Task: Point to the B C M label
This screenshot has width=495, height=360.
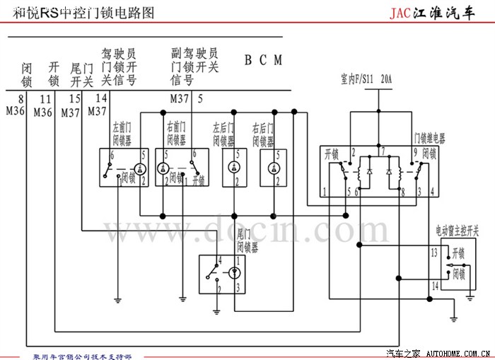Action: [x=263, y=60]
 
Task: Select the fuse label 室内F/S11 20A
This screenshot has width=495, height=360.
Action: [x=367, y=79]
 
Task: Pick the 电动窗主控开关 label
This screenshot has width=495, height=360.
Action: [x=457, y=231]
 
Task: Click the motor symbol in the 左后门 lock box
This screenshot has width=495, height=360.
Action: [x=234, y=168]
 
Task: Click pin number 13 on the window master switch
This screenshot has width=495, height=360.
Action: [x=434, y=252]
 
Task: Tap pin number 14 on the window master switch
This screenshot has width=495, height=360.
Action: [x=434, y=285]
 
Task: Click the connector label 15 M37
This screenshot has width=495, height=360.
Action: [x=71, y=105]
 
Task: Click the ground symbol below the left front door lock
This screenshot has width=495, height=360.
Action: [x=118, y=299]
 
